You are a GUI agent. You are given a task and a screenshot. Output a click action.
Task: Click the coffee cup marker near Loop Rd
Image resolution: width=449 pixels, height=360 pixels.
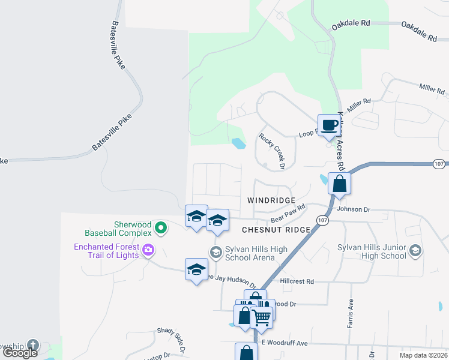click(x=328, y=125)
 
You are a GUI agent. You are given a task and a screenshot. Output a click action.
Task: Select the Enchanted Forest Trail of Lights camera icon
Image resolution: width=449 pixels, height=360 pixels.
click(x=148, y=249)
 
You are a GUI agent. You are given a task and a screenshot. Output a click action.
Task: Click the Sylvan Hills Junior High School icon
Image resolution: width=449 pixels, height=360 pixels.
click(x=415, y=251)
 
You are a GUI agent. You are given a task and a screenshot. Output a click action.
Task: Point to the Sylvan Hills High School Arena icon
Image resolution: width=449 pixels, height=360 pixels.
click(x=215, y=251)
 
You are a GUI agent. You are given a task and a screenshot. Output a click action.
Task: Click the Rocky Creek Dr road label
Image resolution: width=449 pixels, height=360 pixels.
click(x=271, y=151)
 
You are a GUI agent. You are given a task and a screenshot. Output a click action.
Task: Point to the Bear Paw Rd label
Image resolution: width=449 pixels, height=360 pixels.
click(x=288, y=214)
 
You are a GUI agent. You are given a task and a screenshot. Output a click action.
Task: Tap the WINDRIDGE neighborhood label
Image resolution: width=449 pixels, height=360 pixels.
click(x=271, y=200)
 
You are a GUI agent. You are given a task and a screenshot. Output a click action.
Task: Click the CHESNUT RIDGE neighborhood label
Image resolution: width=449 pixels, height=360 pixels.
click(x=276, y=230)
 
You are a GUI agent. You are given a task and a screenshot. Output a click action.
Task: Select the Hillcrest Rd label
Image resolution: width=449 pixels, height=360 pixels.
click(x=297, y=281)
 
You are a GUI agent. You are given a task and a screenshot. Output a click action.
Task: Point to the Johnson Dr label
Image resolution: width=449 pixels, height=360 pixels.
click(x=354, y=209)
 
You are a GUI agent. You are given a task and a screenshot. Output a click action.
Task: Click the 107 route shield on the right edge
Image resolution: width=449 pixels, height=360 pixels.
click(x=439, y=163)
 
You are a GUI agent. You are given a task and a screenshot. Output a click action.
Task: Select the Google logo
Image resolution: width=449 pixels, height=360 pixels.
click(x=20, y=353)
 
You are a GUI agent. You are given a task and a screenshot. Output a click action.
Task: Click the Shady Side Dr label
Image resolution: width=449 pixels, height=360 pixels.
click(x=172, y=340)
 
